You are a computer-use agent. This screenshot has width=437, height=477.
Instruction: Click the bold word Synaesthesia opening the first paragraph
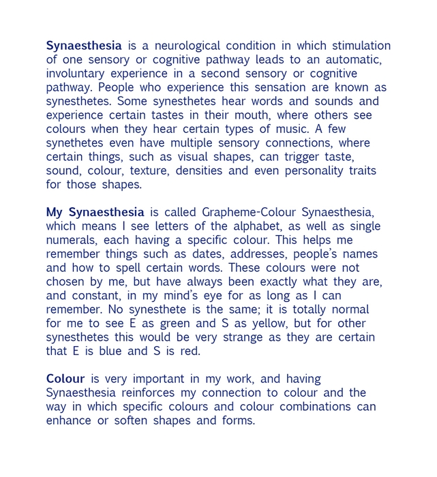(84, 46)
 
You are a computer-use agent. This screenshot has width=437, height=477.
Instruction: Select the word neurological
(187, 46)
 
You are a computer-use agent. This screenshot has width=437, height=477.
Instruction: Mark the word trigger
(302, 157)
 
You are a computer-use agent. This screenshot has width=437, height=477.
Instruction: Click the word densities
(199, 171)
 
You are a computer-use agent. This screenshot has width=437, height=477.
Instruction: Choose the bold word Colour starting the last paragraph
(65, 379)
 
